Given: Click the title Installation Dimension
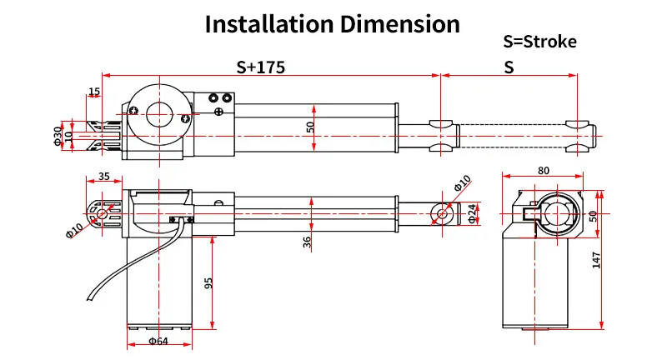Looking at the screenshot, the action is (332, 24).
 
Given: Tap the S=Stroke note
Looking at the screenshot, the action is (539, 42).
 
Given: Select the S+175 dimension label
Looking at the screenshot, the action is (260, 67).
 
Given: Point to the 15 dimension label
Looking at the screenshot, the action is (94, 92).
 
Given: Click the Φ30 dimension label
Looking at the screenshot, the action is (58, 136).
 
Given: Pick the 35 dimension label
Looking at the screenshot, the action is (103, 176).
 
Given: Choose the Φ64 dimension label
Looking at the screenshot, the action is (158, 341).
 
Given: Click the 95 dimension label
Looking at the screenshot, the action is (208, 283).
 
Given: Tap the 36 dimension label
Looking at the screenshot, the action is (307, 242).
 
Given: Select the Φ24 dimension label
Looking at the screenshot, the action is (472, 213).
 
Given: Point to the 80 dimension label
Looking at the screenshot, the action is (544, 171).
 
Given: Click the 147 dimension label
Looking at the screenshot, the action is (596, 260).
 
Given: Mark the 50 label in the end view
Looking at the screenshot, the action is (593, 216).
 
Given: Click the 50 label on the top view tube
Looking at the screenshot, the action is (310, 127).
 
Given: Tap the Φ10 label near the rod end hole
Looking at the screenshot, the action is (463, 182).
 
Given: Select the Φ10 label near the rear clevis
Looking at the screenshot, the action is (74, 230).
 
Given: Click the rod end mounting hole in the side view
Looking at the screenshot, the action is (443, 213).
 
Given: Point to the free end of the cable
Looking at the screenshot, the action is (89, 299).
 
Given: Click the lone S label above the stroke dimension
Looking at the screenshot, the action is (509, 67).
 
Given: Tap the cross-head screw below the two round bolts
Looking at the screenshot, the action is (219, 112).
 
